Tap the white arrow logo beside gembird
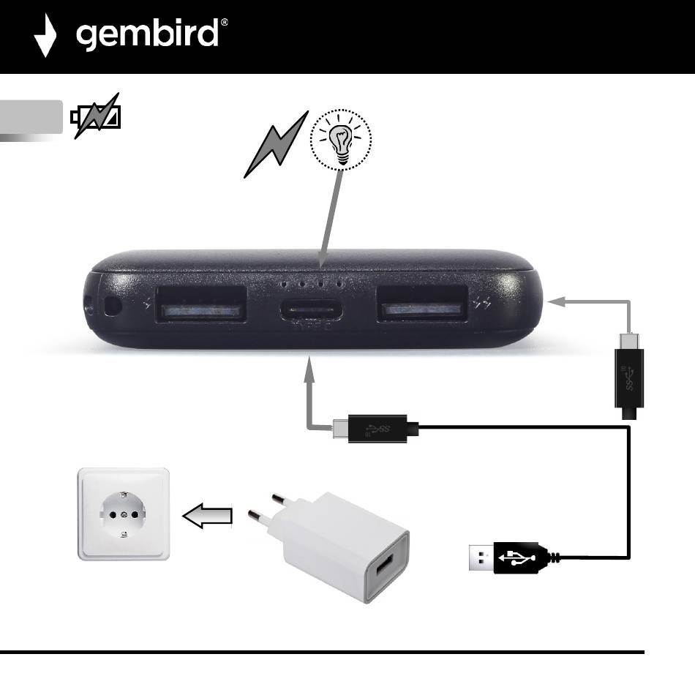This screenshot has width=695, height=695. tap(45, 35)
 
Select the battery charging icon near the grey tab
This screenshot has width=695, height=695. tap(96, 117)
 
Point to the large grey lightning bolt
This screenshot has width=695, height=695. tap(274, 146)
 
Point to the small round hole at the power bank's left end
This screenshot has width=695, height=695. tap(112, 306)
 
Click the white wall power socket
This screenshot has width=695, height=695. tap(124, 514)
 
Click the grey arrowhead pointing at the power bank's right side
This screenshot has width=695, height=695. tap(557, 300)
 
